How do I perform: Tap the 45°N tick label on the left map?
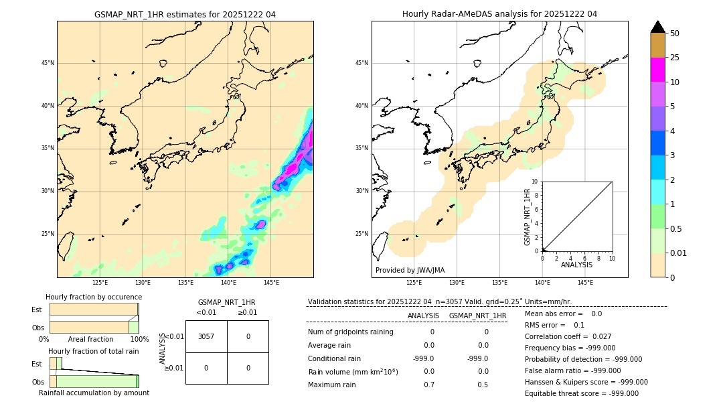48,63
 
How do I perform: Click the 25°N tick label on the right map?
361,234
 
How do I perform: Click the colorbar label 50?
675,33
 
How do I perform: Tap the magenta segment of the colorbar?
657,70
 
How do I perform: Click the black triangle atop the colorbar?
657,27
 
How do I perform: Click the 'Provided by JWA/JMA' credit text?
410,270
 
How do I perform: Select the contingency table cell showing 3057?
206,336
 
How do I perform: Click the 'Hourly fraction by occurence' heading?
94,297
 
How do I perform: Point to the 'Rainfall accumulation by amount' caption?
94,393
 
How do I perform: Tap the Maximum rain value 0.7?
428,385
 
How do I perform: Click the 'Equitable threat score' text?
581,393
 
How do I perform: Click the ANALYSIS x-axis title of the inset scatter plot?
576,265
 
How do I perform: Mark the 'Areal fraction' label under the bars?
90,339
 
